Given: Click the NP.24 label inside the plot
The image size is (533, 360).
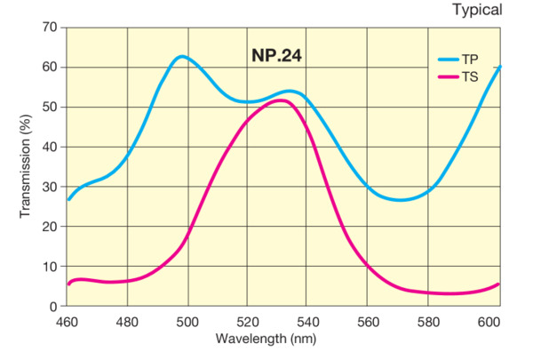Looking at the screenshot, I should pos(277,55).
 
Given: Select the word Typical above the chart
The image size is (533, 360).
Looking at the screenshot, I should pos(477,11).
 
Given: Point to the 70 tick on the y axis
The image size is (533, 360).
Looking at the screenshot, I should pos(50,28).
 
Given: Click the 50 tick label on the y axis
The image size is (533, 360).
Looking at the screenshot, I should pos(50,107).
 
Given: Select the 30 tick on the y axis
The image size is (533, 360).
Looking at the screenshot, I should pos(50,187).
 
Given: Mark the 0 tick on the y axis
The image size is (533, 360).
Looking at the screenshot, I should pos(53,306).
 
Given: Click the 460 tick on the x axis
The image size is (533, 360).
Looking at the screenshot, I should pos(68,321).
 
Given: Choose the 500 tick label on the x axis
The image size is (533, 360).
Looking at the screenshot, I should pos(187,321).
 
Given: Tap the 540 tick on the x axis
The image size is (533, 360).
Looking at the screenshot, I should pos(307,321).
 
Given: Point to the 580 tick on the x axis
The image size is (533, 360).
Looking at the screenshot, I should pos(427,321).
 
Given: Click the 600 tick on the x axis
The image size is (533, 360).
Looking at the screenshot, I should pos(488,321).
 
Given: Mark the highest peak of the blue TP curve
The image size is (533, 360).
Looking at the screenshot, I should pos(181,56).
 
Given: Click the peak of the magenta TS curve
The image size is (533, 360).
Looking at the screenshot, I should pos(280,100).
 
